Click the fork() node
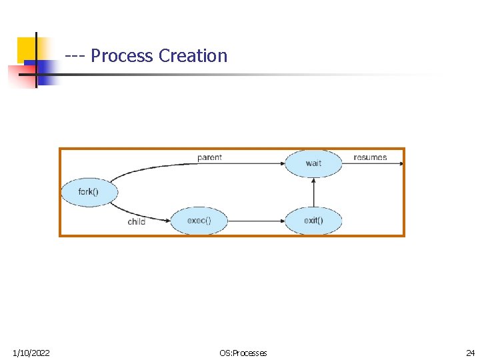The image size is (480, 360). [x=89, y=192]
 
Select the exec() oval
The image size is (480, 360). [x=199, y=221]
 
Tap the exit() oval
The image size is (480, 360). [x=313, y=221]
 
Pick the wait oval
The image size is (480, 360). [x=313, y=163]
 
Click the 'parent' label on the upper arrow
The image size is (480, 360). [x=209, y=157]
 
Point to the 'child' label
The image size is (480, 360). [x=137, y=221]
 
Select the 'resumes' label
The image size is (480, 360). [x=370, y=157]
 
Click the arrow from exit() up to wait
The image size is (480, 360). [x=313, y=192]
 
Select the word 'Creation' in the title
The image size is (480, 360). [x=193, y=56]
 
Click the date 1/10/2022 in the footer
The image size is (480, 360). [x=31, y=353]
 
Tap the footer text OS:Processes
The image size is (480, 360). [x=243, y=353]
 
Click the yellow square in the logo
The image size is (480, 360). [x=27, y=49]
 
